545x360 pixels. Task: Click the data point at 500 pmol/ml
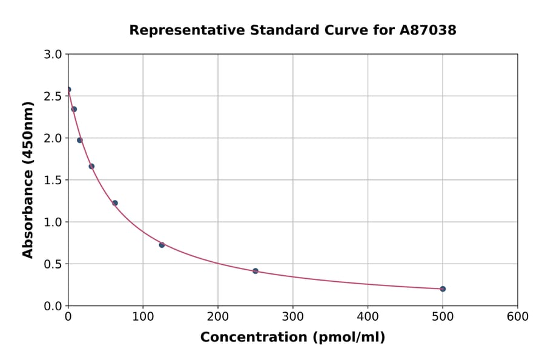[x=443, y=288]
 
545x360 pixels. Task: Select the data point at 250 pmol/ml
[x=256, y=271]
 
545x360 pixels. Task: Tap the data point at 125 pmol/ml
[x=162, y=245]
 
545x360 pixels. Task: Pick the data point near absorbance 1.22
[x=114, y=203]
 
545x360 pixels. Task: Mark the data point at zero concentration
[x=68, y=90]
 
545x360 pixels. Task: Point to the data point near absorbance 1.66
[x=91, y=166]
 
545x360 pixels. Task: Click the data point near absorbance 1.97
[x=79, y=140]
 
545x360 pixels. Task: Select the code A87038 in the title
[x=429, y=30]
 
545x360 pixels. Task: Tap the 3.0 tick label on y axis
[x=53, y=55]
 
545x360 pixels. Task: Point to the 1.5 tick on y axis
[x=53, y=180]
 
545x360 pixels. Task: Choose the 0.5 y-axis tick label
[x=53, y=264]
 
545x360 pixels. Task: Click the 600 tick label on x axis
[x=518, y=316]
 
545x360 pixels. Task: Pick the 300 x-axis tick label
[x=293, y=316]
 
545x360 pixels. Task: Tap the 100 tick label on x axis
[x=143, y=316]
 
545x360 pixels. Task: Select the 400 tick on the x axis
[x=368, y=316]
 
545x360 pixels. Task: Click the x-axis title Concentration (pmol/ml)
[x=292, y=337]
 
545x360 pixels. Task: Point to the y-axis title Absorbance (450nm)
[x=28, y=179]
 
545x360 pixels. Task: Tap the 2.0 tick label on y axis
[x=53, y=138]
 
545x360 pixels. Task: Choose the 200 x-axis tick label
[x=218, y=316]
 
